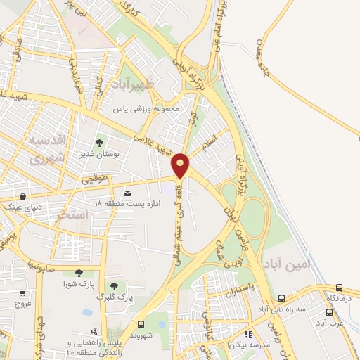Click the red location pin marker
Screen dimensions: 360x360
181,166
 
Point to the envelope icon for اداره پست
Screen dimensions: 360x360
127,192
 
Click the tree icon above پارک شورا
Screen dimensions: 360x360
78,273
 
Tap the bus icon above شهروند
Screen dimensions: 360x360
142,324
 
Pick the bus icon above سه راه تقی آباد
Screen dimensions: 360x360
282,297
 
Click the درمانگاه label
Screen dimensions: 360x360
340,299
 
